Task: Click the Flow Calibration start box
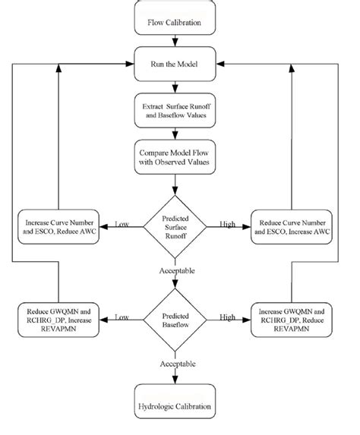pos(175,22)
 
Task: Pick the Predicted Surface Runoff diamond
pos(175,225)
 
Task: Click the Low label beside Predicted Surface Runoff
pos(122,224)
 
